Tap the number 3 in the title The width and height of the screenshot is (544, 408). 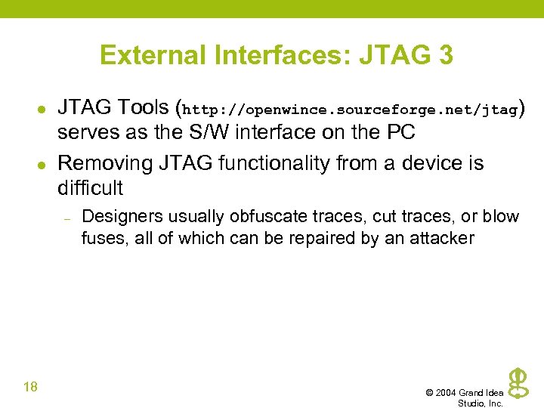(x=444, y=55)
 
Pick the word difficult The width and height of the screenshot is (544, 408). (x=90, y=187)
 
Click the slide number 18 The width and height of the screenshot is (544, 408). (x=31, y=388)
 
